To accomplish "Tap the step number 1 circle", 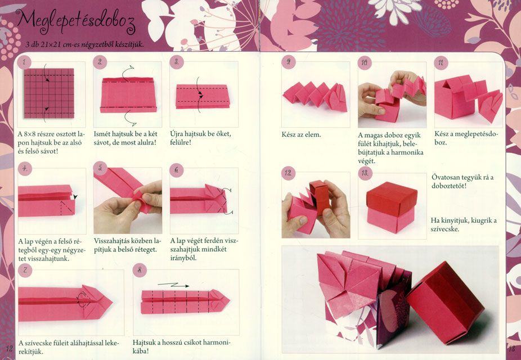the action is (x=24, y=62).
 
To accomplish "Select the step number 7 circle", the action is (x=25, y=270).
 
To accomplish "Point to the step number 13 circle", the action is (x=365, y=173).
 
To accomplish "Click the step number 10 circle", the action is (x=365, y=62).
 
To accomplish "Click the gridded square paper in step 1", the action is (x=49, y=93).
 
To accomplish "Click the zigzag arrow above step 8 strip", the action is (x=173, y=285).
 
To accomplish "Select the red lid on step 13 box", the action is (x=392, y=198).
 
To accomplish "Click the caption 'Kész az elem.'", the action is (x=302, y=135).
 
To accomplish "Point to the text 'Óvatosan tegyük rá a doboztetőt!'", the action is (x=462, y=181).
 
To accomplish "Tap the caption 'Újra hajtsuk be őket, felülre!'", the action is (x=200, y=138).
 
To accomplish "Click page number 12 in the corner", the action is (x=9, y=348).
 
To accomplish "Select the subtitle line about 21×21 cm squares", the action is (x=85, y=44).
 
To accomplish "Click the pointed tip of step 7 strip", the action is (x=113, y=302).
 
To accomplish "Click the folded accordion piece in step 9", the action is (x=315, y=96).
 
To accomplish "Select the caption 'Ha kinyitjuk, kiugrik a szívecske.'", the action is (x=464, y=225).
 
